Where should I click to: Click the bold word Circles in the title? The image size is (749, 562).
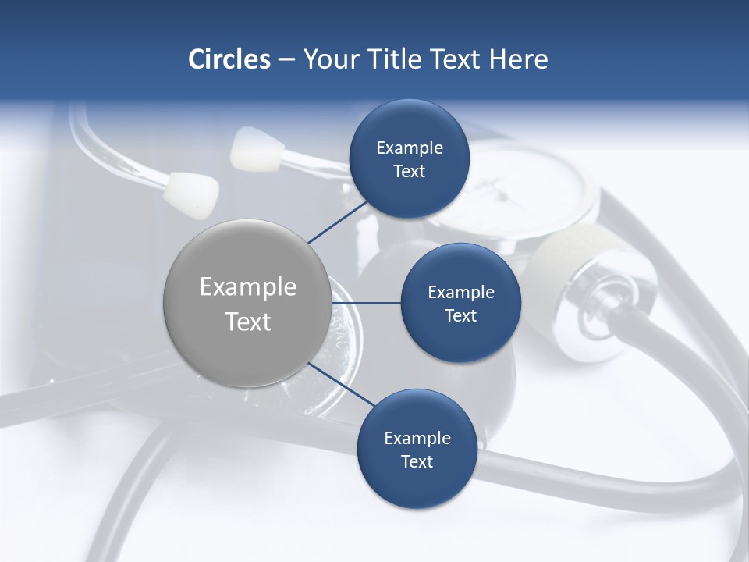click(x=229, y=59)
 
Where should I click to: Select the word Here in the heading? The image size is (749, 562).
click(x=518, y=59)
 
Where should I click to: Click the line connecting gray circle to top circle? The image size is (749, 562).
click(x=337, y=222)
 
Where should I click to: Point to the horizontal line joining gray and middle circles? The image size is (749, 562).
click(x=365, y=303)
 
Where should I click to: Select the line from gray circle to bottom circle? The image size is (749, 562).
click(x=342, y=385)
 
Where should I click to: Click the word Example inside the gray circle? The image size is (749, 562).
click(x=248, y=286)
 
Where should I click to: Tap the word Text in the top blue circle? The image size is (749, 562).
click(x=409, y=172)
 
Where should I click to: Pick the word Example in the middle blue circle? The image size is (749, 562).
click(x=460, y=292)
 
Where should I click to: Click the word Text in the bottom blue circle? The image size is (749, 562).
click(x=417, y=461)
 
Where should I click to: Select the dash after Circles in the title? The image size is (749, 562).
click(x=286, y=59)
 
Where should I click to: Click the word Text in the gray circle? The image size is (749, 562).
click(x=248, y=322)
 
